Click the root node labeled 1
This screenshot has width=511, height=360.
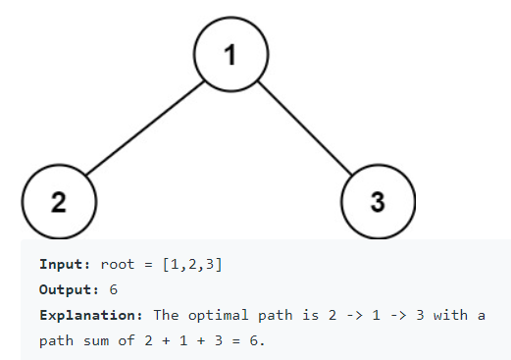click(x=230, y=55)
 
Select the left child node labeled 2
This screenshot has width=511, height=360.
click(x=59, y=202)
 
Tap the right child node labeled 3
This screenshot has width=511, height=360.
click(x=378, y=202)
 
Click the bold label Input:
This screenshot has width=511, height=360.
click(x=66, y=265)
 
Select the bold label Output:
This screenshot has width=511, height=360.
click(x=70, y=290)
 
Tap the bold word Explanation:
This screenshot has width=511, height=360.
click(x=90, y=316)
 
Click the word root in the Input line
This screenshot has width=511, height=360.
click(x=120, y=265)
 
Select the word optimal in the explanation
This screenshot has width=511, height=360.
click(x=220, y=316)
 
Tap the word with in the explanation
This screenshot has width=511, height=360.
click(x=453, y=316)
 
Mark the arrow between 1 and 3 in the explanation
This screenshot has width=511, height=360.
click(x=388, y=316)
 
